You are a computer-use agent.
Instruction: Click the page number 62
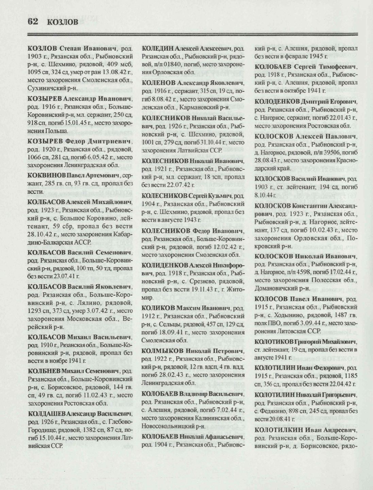pyautogui.click(x=33, y=21)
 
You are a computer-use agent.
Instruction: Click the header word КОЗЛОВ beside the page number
pyautogui.click(x=63, y=22)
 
